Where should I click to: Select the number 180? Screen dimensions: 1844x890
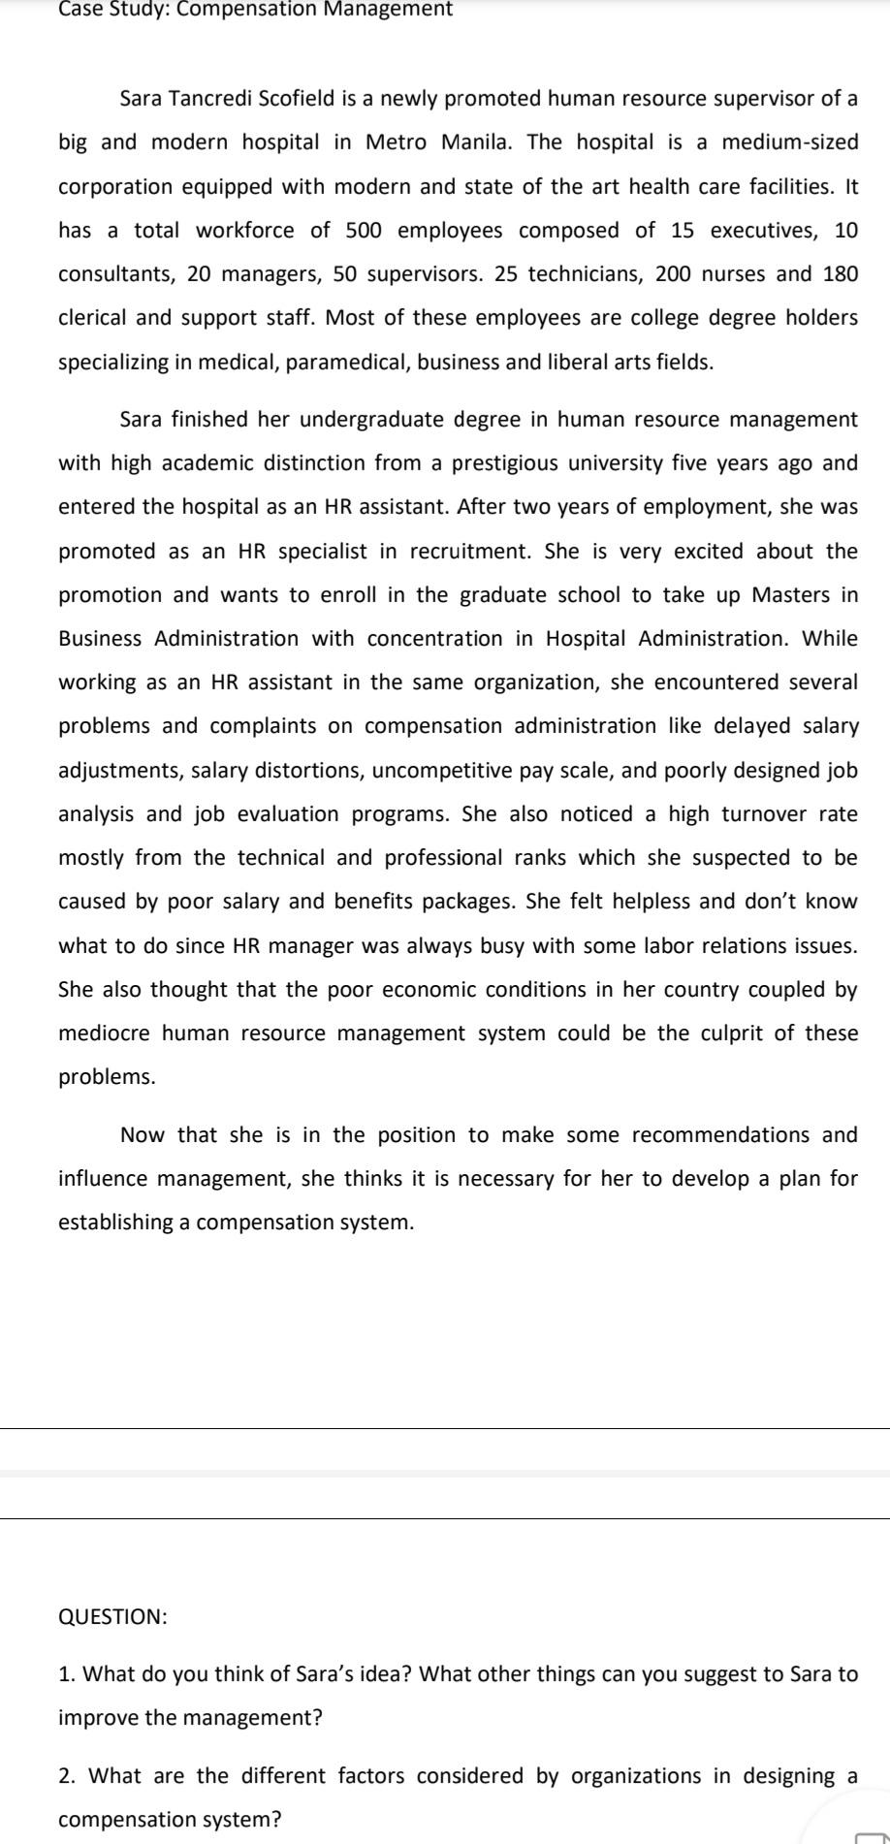841,274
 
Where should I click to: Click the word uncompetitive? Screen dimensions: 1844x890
440,771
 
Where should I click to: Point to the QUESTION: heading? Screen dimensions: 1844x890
113,1617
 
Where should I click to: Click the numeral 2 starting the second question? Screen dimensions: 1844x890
64,1749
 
